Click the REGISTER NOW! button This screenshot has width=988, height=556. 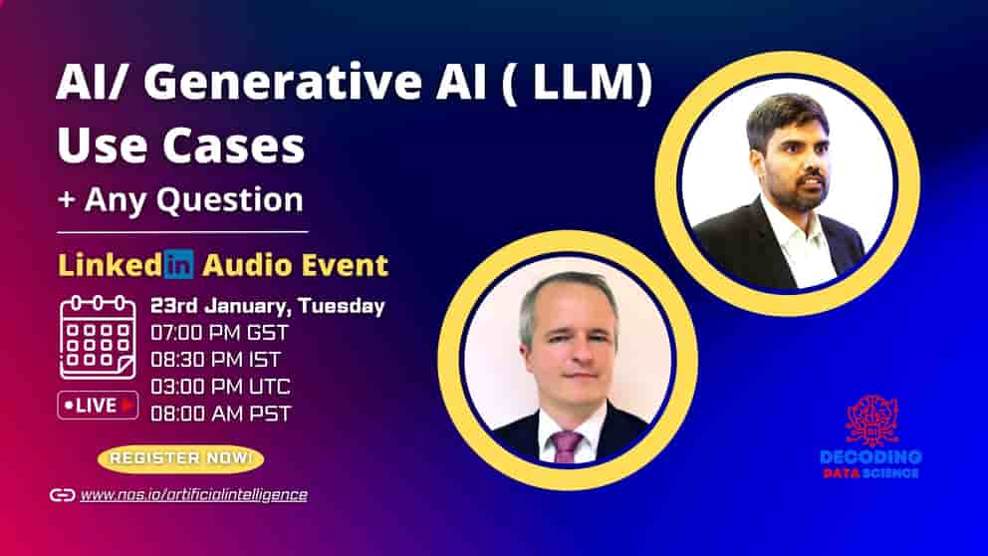(180, 458)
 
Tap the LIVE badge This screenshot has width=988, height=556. (98, 405)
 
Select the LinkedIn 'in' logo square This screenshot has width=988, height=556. (179, 265)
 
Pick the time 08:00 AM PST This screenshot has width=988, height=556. (220, 413)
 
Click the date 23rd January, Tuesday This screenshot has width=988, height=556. (267, 307)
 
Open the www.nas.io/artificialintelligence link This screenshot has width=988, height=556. (193, 494)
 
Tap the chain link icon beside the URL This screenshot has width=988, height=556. (62, 494)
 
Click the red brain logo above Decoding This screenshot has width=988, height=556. (871, 419)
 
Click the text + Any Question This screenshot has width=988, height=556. (180, 199)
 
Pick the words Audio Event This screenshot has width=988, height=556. (295, 265)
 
